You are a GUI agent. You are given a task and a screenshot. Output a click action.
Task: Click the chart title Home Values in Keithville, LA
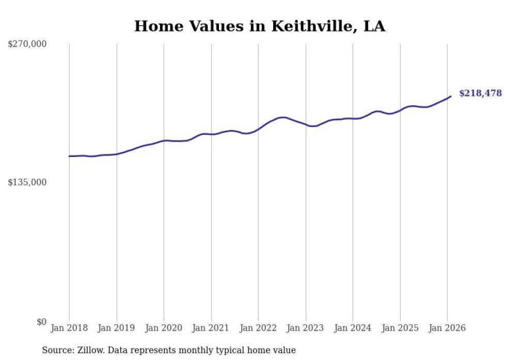point(259,26)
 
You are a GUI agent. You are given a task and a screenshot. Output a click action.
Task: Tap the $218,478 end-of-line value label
point(480,93)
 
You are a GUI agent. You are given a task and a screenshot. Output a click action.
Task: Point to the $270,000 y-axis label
point(27,44)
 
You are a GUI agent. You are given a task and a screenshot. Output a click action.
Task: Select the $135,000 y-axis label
point(27,182)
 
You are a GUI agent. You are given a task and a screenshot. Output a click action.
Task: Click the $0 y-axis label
point(41,322)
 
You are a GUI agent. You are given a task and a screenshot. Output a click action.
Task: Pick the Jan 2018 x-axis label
point(69,328)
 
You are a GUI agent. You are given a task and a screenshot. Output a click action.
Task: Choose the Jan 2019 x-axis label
point(117,328)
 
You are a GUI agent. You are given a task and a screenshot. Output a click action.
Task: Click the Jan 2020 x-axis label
point(164,328)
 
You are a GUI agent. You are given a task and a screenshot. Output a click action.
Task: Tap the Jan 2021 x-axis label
point(211,328)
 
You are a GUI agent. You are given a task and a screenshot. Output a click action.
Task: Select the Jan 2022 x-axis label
point(258,328)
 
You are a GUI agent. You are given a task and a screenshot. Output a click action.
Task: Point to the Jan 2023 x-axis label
point(306,328)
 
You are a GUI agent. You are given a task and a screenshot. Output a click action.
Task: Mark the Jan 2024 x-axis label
point(353,328)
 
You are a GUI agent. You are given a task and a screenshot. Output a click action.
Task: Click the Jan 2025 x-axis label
point(400,328)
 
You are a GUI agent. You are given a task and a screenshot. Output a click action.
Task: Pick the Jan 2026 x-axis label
point(447,328)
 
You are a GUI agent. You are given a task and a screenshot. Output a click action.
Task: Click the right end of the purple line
point(451,96)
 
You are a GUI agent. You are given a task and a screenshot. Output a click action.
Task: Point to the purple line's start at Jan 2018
point(69,156)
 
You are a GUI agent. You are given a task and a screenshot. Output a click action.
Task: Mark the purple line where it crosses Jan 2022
point(258,129)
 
